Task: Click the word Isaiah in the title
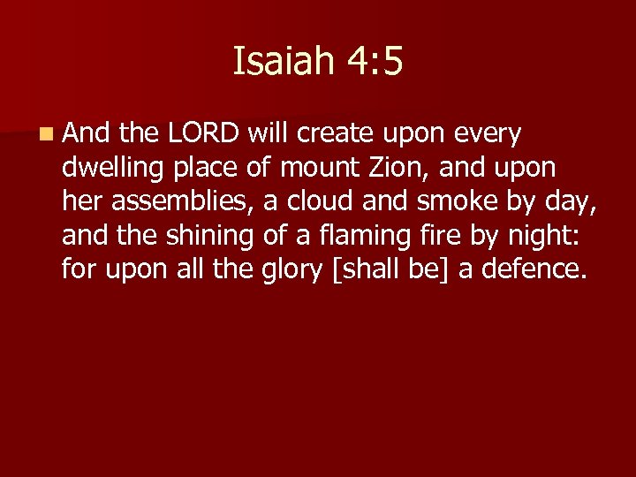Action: pyautogui.click(x=282, y=63)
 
